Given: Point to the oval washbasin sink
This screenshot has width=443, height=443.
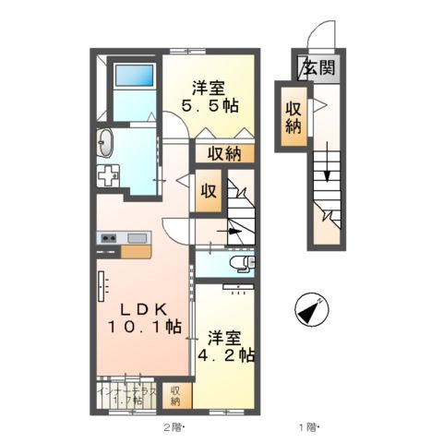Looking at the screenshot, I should [104, 144].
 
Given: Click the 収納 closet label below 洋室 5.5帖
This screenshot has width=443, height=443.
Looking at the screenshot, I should [224, 154].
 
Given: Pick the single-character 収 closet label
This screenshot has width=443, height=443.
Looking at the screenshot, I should [210, 192].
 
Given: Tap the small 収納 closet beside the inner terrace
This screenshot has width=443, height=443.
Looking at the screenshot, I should [175, 395].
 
